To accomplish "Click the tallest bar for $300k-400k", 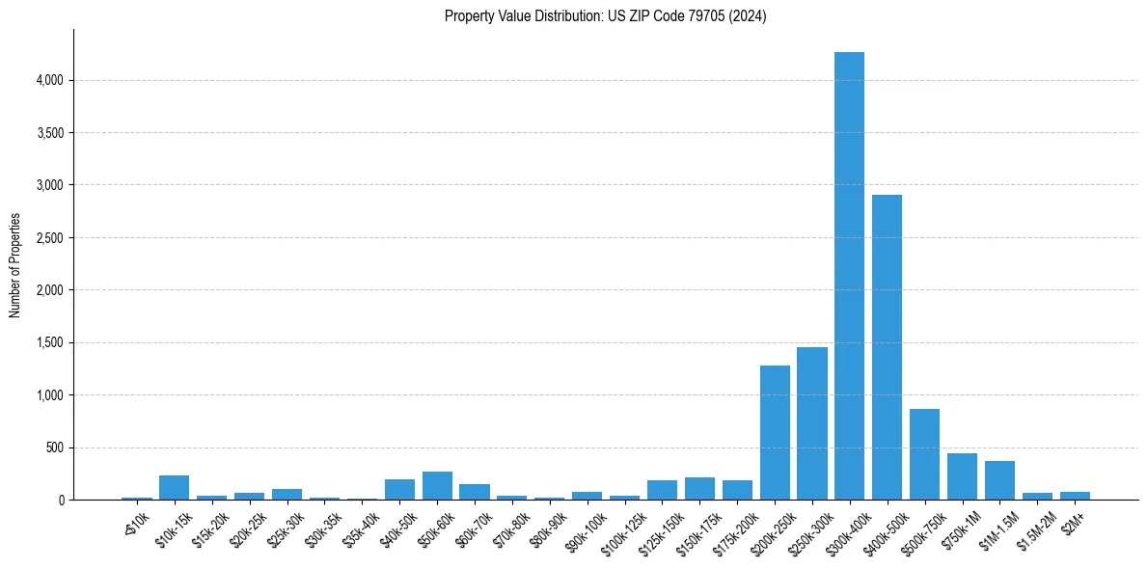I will click(849, 280).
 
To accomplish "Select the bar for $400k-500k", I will click(887, 347).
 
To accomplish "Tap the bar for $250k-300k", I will click(811, 424).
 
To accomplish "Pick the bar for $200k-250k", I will click(775, 434).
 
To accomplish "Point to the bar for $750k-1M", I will click(962, 477).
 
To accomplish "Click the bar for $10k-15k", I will click(174, 488).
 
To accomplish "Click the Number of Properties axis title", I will click(14, 265).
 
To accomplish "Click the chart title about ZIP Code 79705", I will click(605, 16).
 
